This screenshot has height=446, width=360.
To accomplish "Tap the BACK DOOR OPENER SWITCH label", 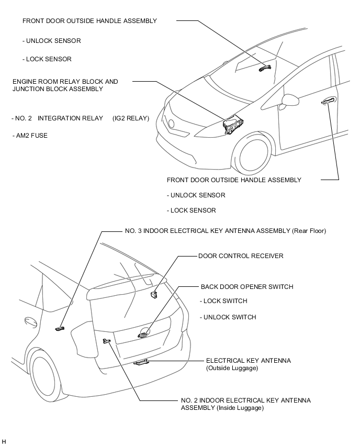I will point(247,287).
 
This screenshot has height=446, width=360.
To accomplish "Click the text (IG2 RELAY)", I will point(131,118).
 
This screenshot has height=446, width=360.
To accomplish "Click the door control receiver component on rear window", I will point(154,295).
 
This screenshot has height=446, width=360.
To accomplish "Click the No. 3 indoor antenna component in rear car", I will point(60,328).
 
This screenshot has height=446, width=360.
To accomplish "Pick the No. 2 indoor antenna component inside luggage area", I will point(107,341).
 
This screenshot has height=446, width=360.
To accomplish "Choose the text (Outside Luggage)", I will point(232,369).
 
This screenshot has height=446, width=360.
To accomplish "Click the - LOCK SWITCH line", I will point(223,301).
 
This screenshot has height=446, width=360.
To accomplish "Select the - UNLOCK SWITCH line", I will point(228,317).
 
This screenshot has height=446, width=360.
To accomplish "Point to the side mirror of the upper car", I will point(289,99).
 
